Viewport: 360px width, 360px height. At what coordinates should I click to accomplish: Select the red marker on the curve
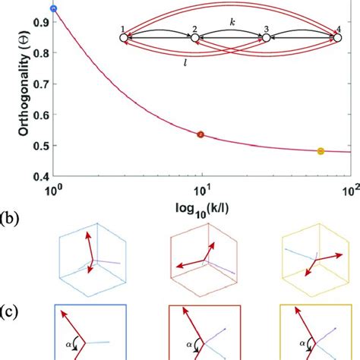click(x=201, y=134)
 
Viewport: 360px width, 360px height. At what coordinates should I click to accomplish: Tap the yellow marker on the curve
click(x=320, y=152)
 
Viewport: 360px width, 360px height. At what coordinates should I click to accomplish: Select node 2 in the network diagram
click(x=194, y=38)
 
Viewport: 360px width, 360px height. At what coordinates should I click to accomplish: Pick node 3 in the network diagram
click(x=266, y=38)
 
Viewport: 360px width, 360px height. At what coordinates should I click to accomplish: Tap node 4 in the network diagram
click(x=338, y=38)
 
